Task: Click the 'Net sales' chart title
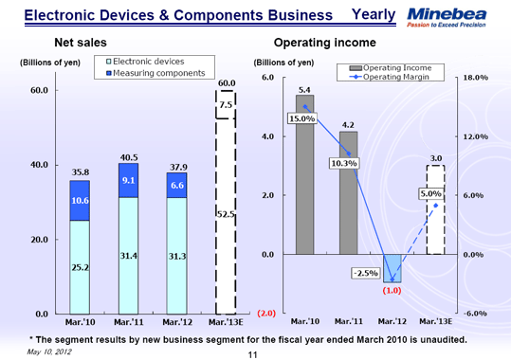click(x=80, y=44)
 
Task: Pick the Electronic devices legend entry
click(x=151, y=62)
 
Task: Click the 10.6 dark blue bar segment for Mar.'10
click(x=81, y=201)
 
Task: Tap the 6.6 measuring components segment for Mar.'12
click(x=176, y=186)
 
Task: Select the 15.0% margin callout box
click(x=301, y=119)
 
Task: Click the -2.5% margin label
click(x=365, y=273)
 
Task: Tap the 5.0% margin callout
click(x=430, y=194)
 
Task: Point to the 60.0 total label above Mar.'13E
click(x=226, y=83)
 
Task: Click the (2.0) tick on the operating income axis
click(x=265, y=314)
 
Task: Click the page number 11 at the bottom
click(x=253, y=353)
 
